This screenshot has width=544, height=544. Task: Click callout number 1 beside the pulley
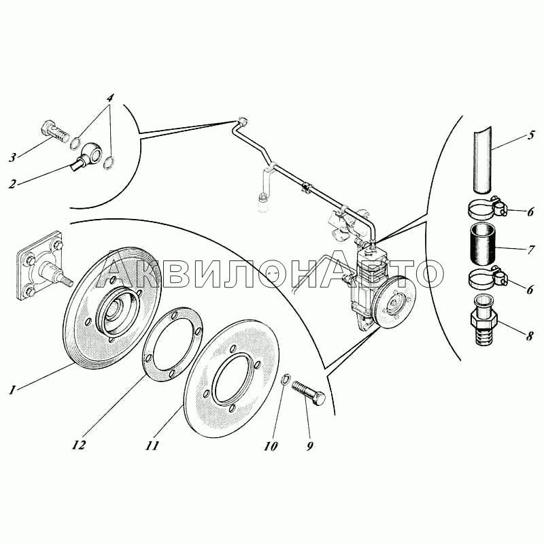12,390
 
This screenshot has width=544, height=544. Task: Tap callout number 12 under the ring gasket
79,445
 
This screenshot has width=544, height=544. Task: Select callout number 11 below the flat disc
152,445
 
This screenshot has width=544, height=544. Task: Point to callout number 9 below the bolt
309,446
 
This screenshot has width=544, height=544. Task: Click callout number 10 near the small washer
271,446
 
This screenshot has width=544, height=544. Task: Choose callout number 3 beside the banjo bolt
13,158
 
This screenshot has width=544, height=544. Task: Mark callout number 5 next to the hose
530,135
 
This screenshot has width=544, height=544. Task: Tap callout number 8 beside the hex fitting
530,336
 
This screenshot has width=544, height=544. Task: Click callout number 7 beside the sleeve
530,250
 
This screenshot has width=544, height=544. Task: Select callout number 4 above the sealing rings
109,98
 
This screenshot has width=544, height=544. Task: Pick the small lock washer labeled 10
284,379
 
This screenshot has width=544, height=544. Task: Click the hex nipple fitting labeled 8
484,320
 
